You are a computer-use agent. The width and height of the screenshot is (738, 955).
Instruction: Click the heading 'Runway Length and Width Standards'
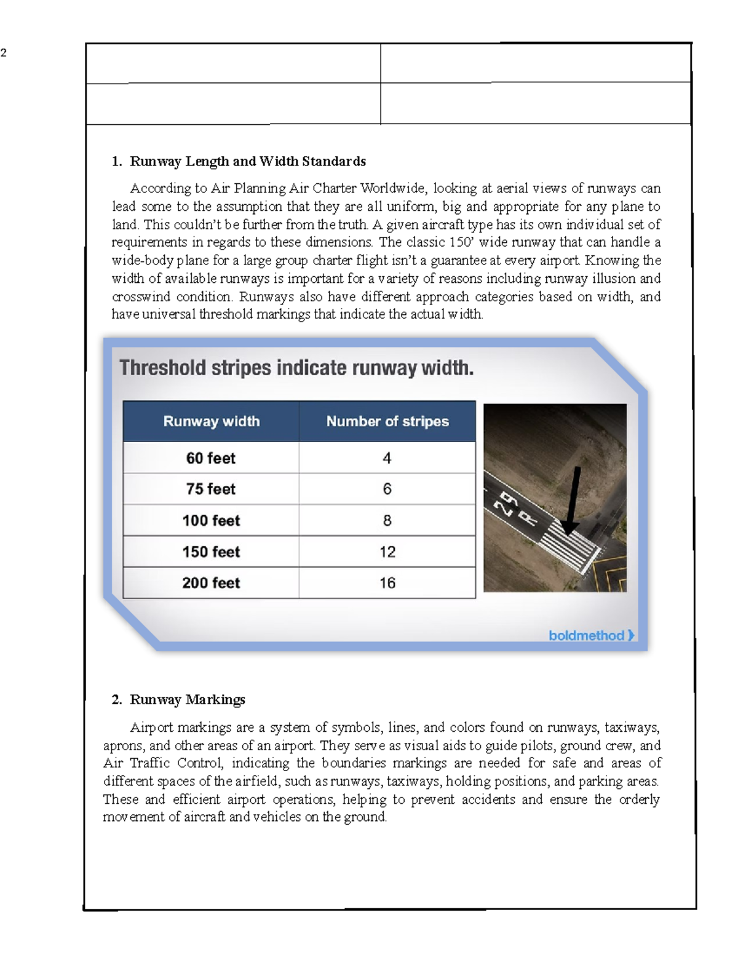[247, 161]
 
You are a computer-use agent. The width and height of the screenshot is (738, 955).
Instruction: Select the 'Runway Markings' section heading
[187, 699]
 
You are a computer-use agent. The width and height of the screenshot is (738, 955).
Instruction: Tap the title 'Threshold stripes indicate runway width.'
[296, 368]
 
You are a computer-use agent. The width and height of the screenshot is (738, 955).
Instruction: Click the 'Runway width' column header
[211, 421]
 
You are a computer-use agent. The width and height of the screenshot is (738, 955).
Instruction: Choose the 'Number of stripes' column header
[387, 421]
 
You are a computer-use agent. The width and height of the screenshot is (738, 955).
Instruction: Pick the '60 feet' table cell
[211, 458]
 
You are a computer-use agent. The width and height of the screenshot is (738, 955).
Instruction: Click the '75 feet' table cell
[211, 489]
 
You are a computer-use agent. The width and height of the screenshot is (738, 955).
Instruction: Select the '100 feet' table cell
[211, 520]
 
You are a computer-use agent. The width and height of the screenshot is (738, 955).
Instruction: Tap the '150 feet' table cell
[211, 552]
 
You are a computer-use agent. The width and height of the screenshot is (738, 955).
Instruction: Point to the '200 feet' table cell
[211, 583]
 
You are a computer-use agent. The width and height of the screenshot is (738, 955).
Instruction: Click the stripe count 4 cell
[387, 458]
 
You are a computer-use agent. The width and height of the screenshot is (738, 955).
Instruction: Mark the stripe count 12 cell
[387, 552]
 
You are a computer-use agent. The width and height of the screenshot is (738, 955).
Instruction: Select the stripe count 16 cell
[387, 583]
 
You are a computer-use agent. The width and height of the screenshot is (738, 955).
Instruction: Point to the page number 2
[4, 53]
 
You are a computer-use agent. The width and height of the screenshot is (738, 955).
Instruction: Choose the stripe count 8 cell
[387, 520]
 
